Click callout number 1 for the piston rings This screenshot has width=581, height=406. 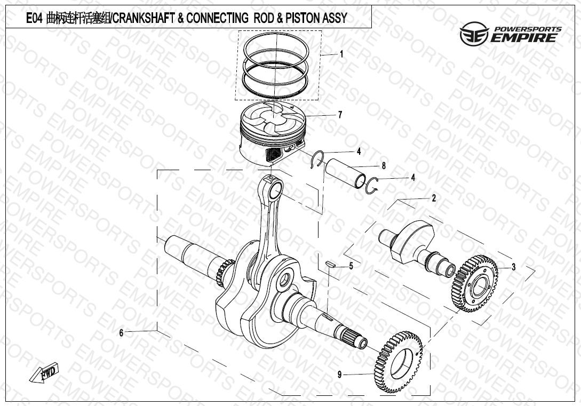tap(341, 54)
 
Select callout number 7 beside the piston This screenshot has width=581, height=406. tap(340, 115)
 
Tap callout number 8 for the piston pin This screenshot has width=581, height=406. tap(383, 165)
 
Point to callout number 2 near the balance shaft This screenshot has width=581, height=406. tap(434, 198)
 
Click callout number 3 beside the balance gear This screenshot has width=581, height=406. tap(513, 267)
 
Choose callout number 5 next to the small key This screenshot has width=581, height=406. tap(351, 265)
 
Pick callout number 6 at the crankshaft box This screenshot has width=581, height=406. tap(121, 333)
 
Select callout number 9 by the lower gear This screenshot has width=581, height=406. tap(339, 375)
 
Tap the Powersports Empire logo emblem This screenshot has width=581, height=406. tap(472, 34)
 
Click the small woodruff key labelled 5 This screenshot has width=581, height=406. tap(330, 262)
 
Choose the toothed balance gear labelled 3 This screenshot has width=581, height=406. tap(475, 283)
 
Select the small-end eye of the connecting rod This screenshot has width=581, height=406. tap(276, 188)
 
